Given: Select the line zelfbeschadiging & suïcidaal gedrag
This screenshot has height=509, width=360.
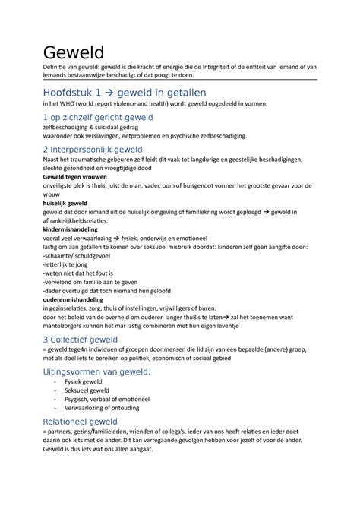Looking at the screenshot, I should [94, 129].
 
